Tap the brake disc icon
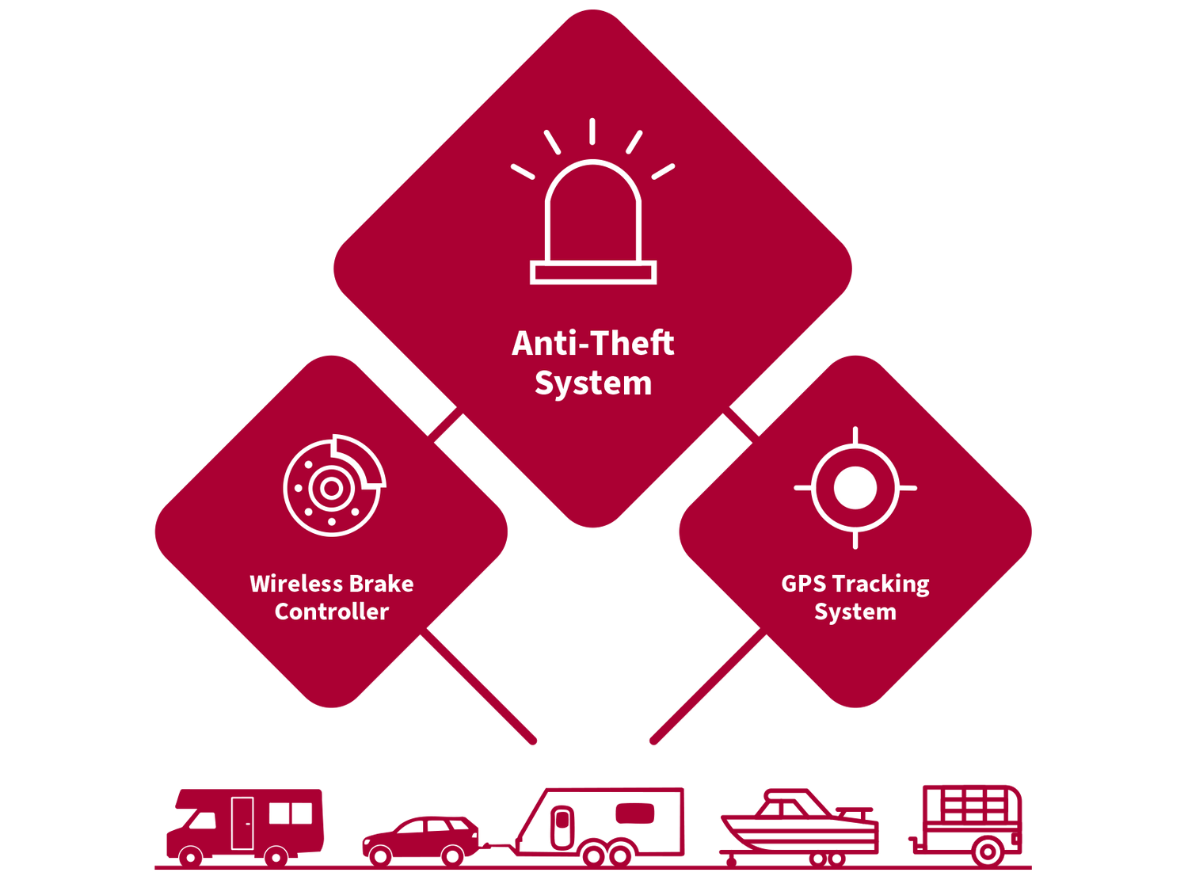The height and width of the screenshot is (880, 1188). click(333, 486)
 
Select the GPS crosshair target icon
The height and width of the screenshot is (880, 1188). click(855, 487)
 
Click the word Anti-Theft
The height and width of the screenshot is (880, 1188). click(592, 344)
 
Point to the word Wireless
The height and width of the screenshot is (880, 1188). click(295, 584)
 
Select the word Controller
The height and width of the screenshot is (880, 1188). click(331, 611)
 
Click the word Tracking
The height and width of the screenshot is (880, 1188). click(881, 585)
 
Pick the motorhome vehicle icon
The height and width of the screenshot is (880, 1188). click(245, 824)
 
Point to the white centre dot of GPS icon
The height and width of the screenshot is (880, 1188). click(855, 487)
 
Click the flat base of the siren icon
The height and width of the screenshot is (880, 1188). click(592, 273)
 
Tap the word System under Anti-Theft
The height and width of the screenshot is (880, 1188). click(592, 383)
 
